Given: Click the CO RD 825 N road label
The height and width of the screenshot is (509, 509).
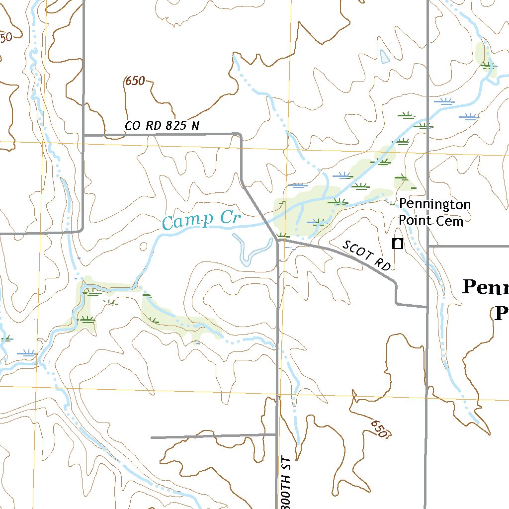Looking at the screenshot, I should [x=162, y=126].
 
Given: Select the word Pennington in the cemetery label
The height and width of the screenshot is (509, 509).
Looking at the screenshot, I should [x=434, y=204].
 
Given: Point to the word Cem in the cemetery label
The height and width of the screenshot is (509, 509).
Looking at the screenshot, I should [x=450, y=221].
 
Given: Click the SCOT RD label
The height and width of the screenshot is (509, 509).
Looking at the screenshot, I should [x=366, y=255].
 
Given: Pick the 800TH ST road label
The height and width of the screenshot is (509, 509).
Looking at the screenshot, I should [x=286, y=481].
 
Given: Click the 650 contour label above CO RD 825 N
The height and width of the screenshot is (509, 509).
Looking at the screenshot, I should [x=135, y=81].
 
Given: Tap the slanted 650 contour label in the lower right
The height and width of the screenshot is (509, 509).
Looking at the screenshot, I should [x=379, y=428].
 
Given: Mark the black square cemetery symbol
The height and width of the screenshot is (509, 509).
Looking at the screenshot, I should [x=397, y=244].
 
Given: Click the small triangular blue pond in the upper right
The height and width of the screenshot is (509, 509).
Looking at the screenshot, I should [x=384, y=57].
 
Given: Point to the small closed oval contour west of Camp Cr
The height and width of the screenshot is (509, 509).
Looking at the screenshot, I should [x=144, y=246].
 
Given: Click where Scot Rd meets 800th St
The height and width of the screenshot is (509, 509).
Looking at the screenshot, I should [x=278, y=240].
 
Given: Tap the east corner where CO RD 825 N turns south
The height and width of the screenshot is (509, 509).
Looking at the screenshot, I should [x=241, y=135].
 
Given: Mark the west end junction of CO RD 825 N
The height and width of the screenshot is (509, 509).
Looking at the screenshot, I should [x=84, y=135].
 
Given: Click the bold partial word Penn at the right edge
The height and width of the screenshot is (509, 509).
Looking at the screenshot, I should [x=485, y=288].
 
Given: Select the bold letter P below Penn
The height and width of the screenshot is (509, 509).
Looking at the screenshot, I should [x=501, y=314].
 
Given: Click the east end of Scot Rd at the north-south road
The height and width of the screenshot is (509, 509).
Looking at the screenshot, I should [x=427, y=307].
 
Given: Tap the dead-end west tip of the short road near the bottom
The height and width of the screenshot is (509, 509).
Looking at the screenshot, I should [x=151, y=437].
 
